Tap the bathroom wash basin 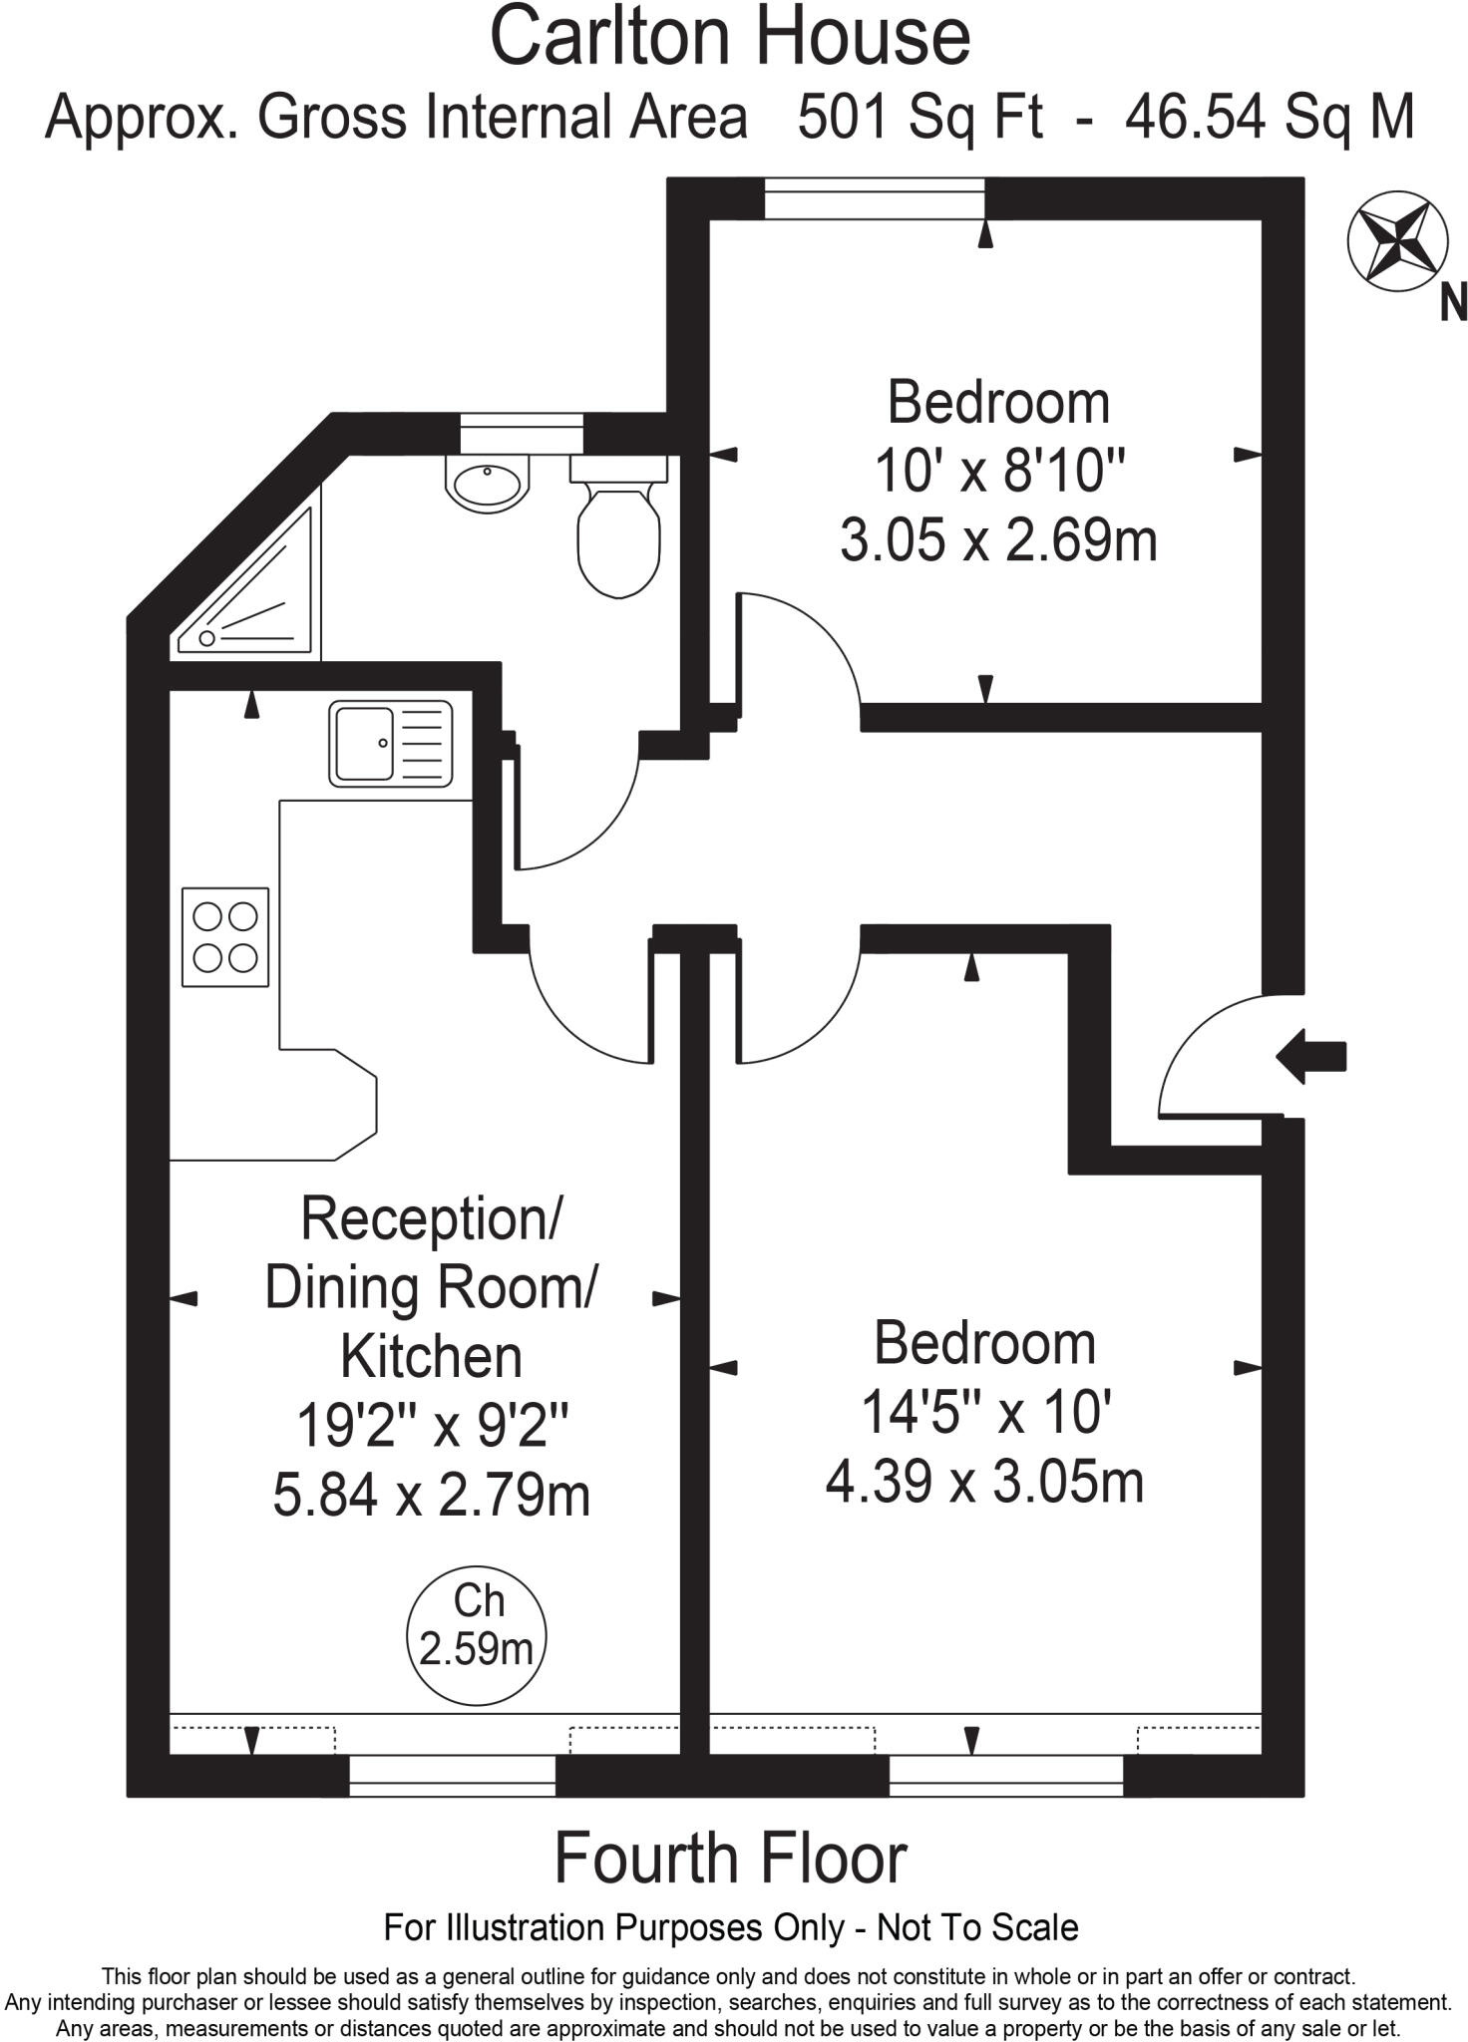(x=487, y=485)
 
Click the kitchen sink (x=390, y=743)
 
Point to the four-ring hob (x=225, y=936)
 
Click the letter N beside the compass (x=1453, y=303)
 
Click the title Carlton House (x=730, y=38)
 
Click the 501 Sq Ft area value (x=919, y=118)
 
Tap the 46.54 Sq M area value (x=1270, y=118)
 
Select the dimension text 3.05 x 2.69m (x=998, y=541)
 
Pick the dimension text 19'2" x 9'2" (x=432, y=1427)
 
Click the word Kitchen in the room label (x=432, y=1357)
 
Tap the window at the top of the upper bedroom (x=875, y=197)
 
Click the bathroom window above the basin (x=522, y=433)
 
